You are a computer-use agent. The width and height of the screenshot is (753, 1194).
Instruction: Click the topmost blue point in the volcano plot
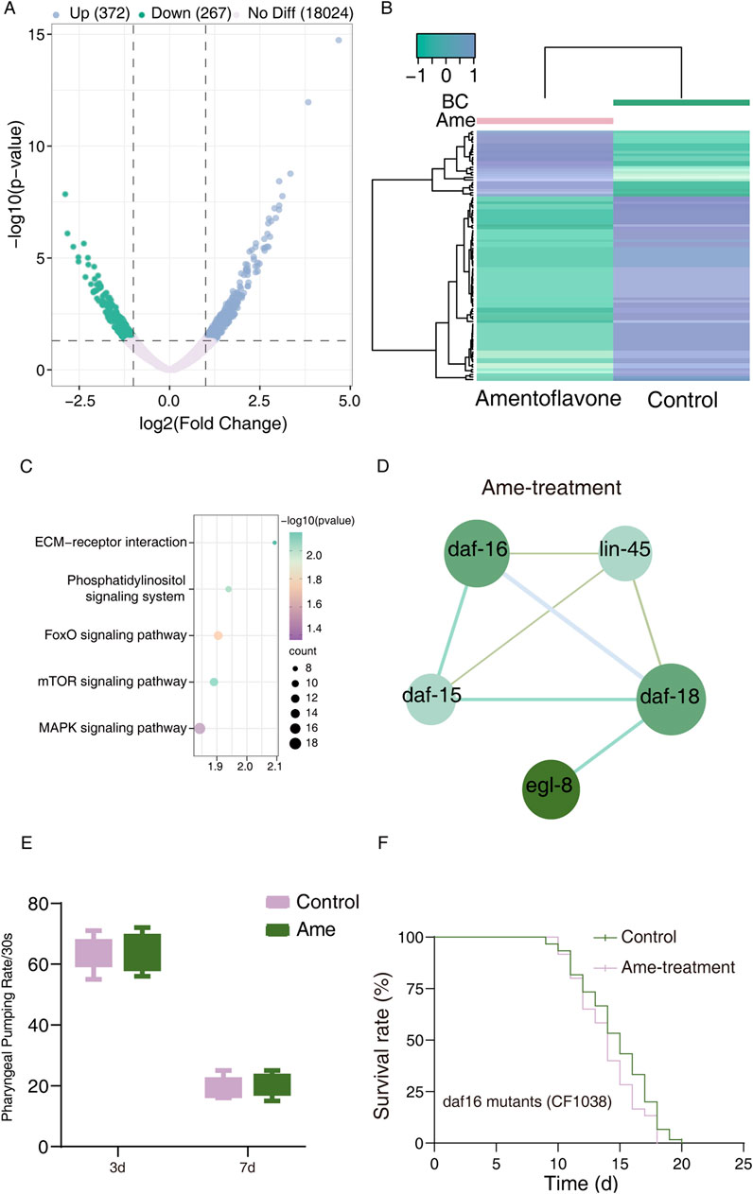click(338, 41)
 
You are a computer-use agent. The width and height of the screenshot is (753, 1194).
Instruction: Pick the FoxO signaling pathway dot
click(218, 635)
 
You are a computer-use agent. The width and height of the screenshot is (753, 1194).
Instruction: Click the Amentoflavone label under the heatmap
click(548, 399)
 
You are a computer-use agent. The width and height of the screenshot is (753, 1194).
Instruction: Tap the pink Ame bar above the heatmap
click(544, 121)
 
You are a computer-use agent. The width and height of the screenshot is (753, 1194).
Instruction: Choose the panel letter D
click(380, 467)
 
